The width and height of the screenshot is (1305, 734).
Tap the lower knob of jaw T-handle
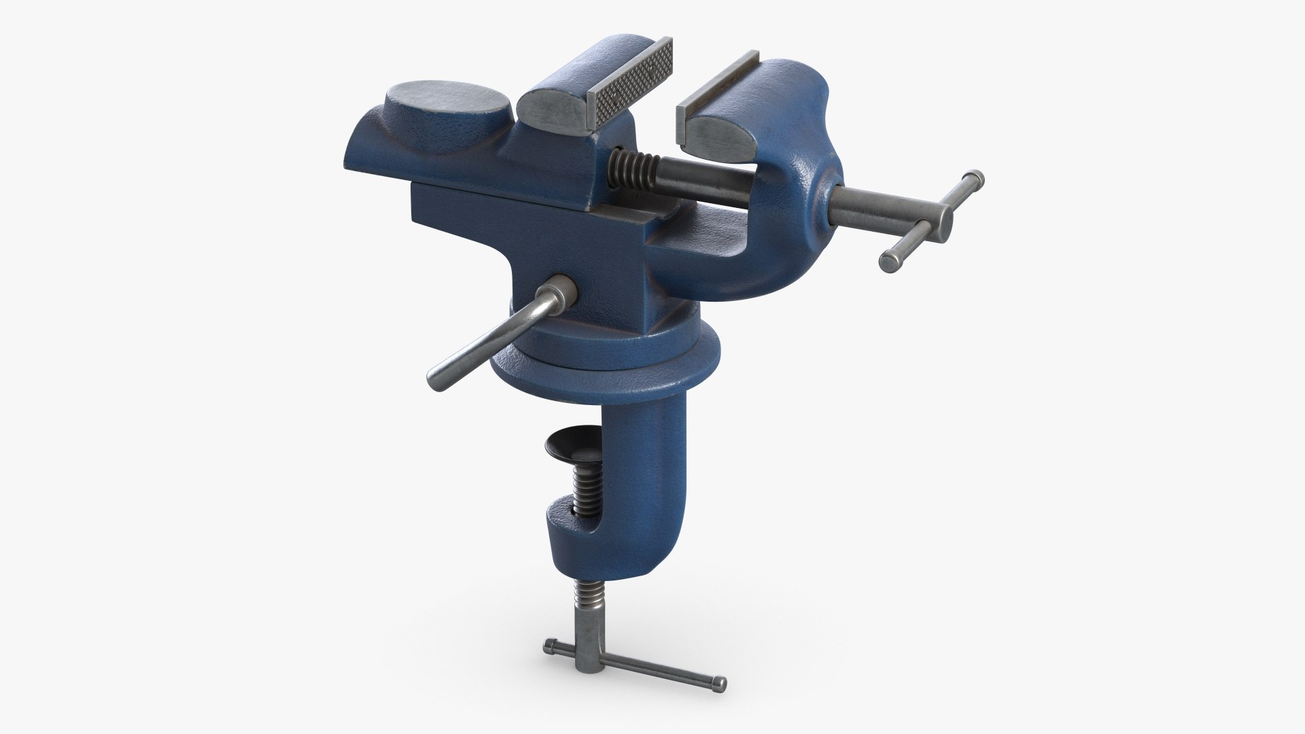[888, 261]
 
